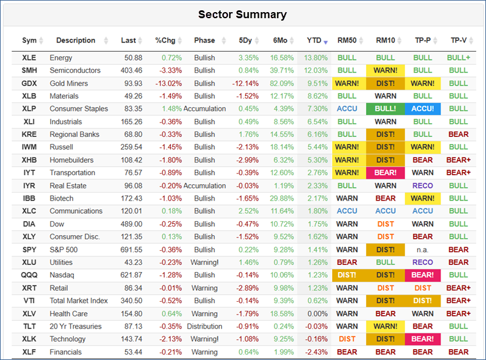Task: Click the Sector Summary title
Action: click(x=242, y=15)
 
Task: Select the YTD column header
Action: click(x=314, y=41)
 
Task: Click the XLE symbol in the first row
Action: click(x=28, y=58)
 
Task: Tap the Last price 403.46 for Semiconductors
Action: click(x=131, y=70)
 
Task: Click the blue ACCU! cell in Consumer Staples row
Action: click(x=422, y=109)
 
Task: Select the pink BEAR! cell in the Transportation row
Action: click(x=385, y=173)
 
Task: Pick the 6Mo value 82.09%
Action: click(x=282, y=84)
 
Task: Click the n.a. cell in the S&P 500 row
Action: click(x=422, y=250)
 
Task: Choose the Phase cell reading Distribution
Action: click(x=204, y=327)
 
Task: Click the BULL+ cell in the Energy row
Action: click(x=458, y=58)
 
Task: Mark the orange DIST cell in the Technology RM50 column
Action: click(x=347, y=339)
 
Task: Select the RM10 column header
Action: click(x=385, y=41)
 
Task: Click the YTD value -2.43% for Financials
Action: click(x=316, y=352)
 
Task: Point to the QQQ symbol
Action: click(x=29, y=275)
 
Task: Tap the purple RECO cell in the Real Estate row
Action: click(x=422, y=185)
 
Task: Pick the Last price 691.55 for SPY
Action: click(x=131, y=250)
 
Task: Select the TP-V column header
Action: click(x=459, y=41)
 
